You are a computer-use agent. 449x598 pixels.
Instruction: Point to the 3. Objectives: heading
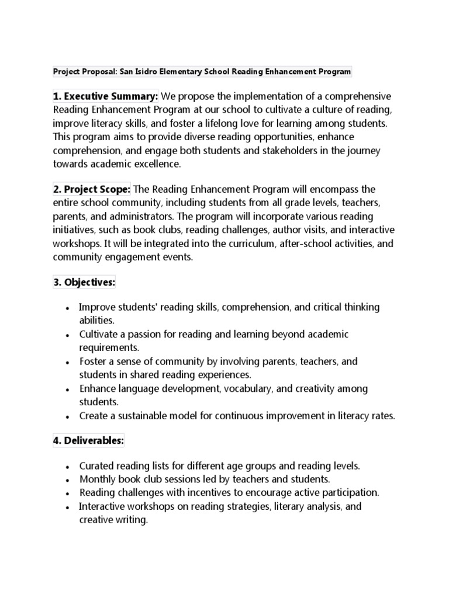tap(84, 283)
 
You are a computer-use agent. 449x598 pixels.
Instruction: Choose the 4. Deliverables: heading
tap(88, 441)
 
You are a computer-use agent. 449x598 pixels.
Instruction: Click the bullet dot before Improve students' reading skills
tap(68, 308)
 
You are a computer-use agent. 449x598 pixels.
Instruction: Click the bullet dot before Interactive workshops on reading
tap(68, 507)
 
